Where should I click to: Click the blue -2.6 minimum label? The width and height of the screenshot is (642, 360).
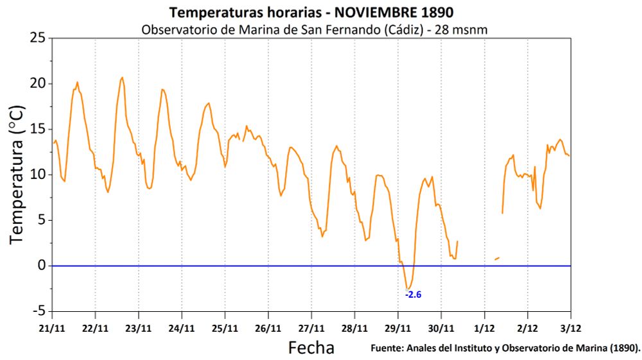coord(413,295)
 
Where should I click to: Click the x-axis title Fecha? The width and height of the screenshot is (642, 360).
coord(311,348)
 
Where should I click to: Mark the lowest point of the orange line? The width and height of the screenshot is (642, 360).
coord(407,289)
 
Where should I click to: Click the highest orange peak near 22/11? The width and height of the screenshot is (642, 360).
coord(122,78)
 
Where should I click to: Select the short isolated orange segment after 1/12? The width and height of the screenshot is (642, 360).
coord(497,259)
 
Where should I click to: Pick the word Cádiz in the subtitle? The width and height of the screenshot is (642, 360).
coord(401,30)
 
